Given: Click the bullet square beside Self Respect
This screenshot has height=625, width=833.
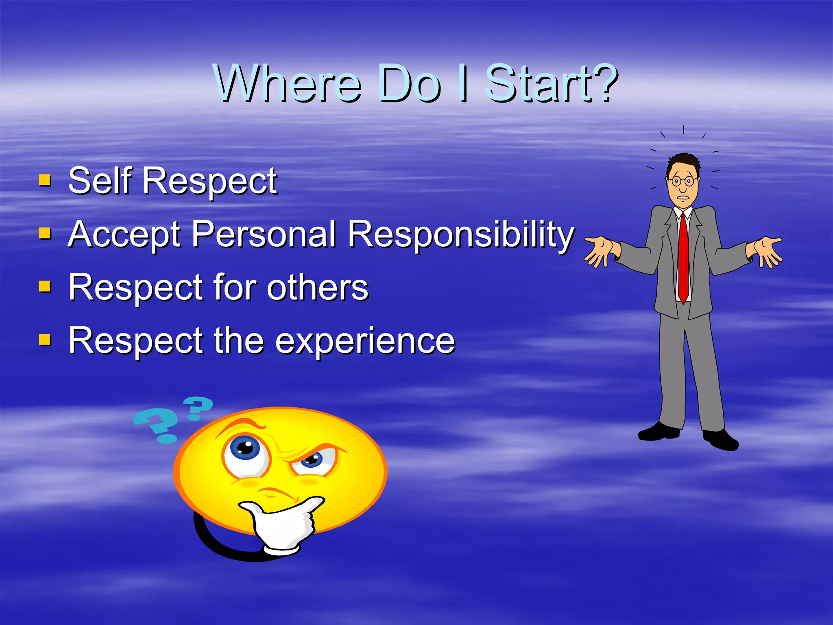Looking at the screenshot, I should pyautogui.click(x=45, y=179).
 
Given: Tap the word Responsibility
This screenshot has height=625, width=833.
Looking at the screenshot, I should pyautogui.click(x=461, y=235).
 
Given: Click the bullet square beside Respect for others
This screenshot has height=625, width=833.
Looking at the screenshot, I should pyautogui.click(x=45, y=286).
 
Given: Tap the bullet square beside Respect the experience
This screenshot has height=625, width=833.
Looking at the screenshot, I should pyautogui.click(x=45, y=339).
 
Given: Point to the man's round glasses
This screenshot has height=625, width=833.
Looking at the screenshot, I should pyautogui.click(x=683, y=180).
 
